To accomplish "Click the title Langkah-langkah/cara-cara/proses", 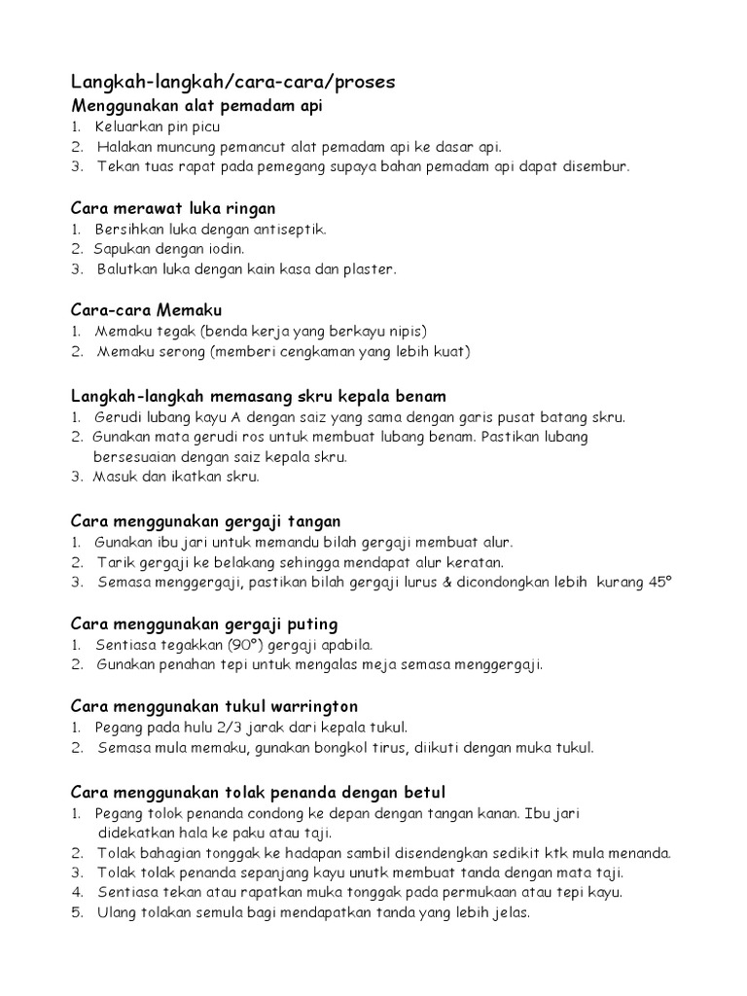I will pyautogui.click(x=233, y=83).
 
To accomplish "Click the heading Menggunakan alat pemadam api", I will pyautogui.click(x=197, y=105).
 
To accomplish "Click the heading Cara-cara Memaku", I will pyautogui.click(x=147, y=310).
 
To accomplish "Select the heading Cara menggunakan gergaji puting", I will pyautogui.click(x=204, y=623).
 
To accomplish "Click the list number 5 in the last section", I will pyautogui.click(x=75, y=913).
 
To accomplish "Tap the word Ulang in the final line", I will pyautogui.click(x=117, y=913).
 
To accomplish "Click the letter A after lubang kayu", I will pyautogui.click(x=234, y=417).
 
